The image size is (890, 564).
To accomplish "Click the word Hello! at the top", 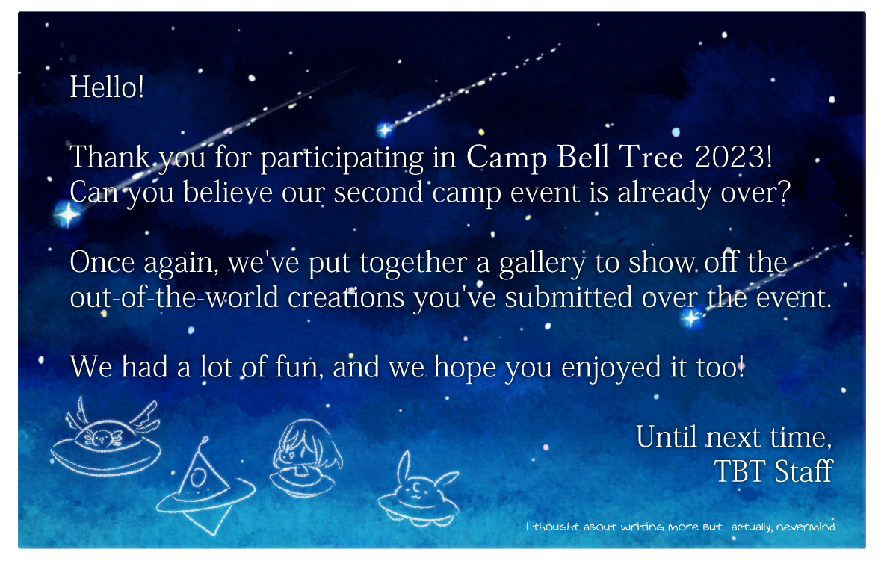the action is pyautogui.click(x=107, y=87).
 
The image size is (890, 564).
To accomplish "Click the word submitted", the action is pyautogui.click(x=568, y=297).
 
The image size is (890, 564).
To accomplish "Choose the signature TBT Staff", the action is pyautogui.click(x=773, y=471).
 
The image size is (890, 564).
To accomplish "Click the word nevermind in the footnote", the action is pyautogui.click(x=806, y=527).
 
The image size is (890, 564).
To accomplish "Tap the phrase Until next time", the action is pyautogui.click(x=733, y=438).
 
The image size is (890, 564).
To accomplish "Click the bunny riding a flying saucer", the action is pyautogui.click(x=419, y=490).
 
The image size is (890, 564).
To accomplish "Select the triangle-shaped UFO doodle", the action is pyautogui.click(x=205, y=488).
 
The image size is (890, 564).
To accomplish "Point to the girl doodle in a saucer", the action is pyautogui.click(x=306, y=459).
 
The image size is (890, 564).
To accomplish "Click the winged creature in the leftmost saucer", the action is pyautogui.click(x=102, y=438).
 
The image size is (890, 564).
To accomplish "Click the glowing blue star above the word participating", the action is pyautogui.click(x=385, y=130).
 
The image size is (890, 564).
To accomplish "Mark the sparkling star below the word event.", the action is pyautogui.click(x=690, y=318).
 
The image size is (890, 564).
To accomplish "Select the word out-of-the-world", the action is pyautogui.click(x=174, y=297).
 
